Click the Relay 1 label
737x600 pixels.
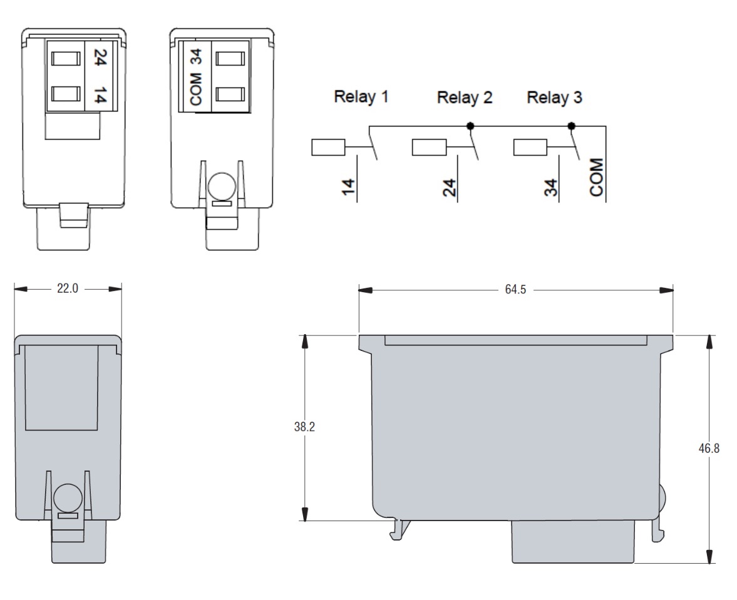click(x=361, y=97)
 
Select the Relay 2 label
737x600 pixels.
click(x=465, y=98)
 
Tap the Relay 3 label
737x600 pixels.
click(x=555, y=98)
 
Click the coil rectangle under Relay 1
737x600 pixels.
click(x=328, y=147)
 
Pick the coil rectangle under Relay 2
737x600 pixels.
click(x=429, y=147)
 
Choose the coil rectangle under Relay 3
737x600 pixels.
click(x=530, y=147)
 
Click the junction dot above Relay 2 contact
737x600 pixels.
click(x=470, y=126)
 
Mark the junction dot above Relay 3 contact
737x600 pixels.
click(x=572, y=126)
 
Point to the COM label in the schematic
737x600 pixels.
click(x=597, y=177)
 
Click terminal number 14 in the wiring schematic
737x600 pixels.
click(x=348, y=187)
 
